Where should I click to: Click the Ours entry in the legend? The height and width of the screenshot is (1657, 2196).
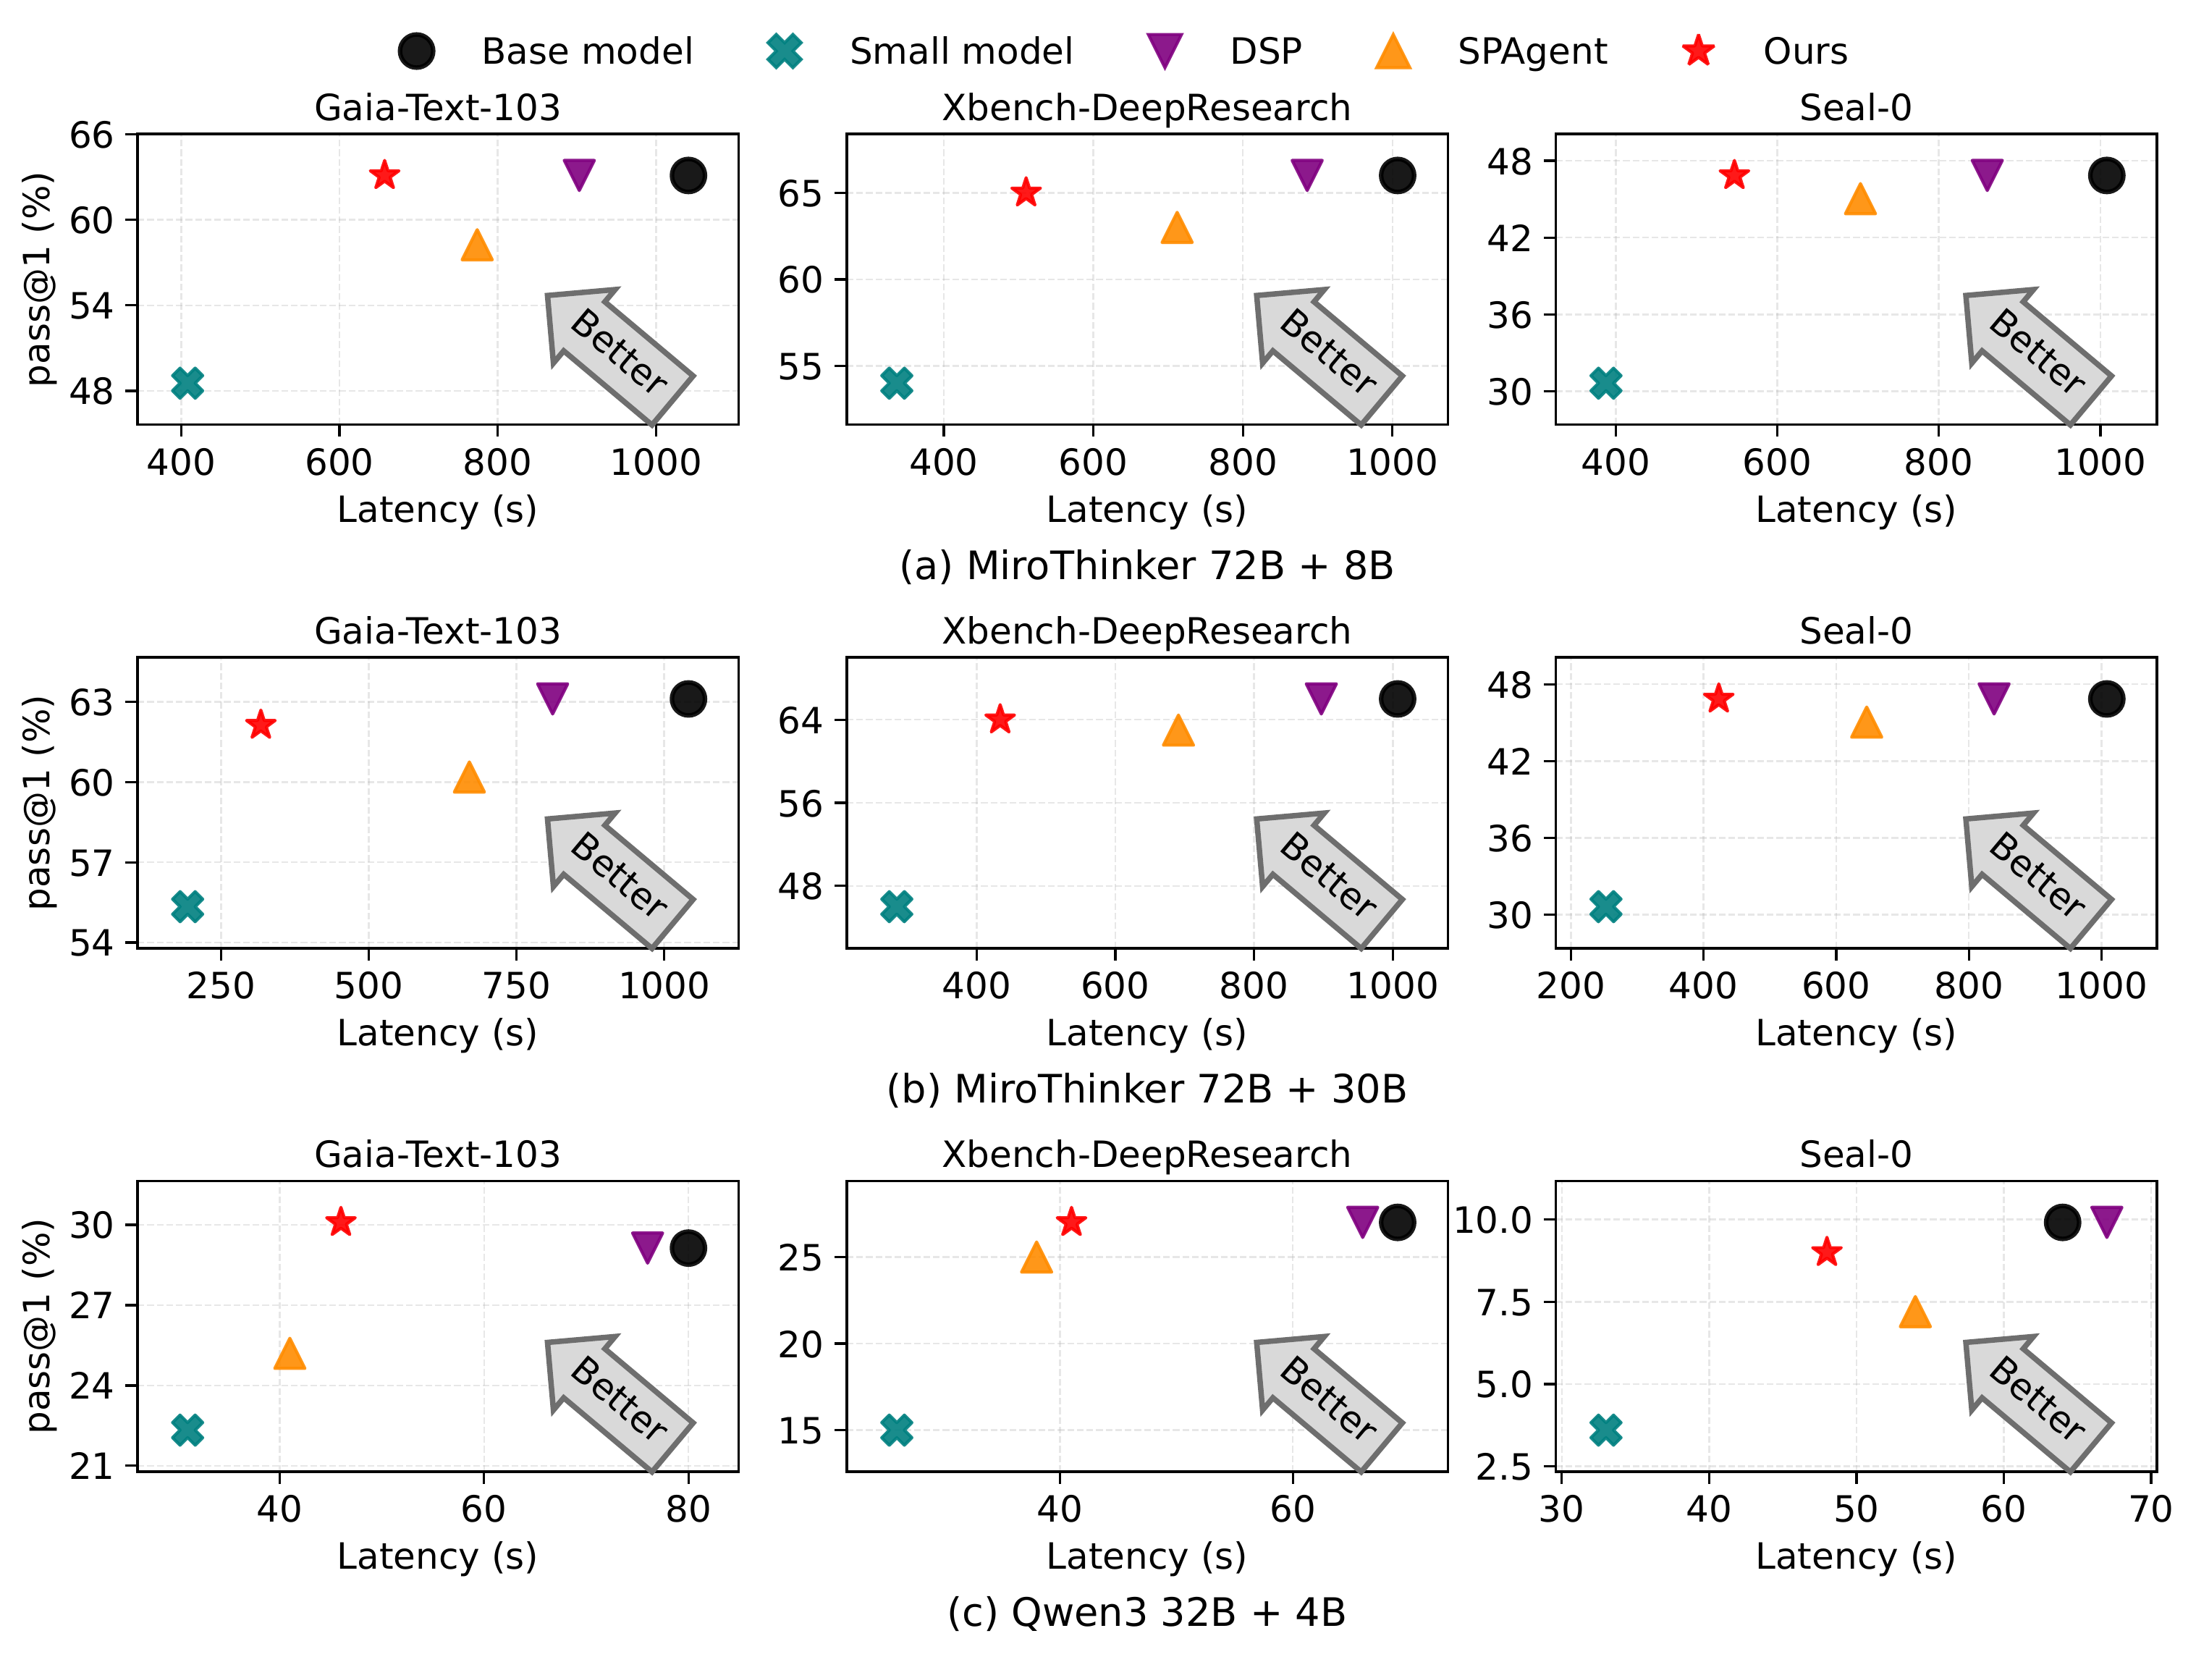click(x=1804, y=51)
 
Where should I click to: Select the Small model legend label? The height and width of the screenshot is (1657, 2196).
click(x=960, y=51)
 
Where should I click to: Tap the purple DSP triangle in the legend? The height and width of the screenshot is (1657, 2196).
click(x=1164, y=51)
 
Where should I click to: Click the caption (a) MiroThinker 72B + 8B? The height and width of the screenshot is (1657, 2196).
click(x=1146, y=566)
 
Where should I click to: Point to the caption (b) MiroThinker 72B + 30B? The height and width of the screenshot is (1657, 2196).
click(x=1146, y=1089)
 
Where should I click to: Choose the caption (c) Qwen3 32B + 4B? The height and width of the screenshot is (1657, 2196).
click(x=1146, y=1612)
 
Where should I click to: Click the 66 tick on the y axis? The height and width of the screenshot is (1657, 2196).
click(x=90, y=135)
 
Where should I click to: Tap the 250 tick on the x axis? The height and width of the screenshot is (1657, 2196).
click(x=220, y=986)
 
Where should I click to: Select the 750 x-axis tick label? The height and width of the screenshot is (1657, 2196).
click(x=515, y=986)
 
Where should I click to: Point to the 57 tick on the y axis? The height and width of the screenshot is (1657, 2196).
click(x=90, y=863)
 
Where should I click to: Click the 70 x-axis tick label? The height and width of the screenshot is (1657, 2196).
click(x=2150, y=1509)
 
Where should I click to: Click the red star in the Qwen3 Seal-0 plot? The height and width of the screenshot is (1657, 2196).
click(x=1827, y=1252)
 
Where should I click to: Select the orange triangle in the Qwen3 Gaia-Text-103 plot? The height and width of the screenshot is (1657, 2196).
click(x=289, y=1353)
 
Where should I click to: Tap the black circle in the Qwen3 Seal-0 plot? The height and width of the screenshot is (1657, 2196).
click(x=2062, y=1222)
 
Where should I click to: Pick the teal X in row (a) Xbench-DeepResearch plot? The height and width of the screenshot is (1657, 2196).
click(x=897, y=383)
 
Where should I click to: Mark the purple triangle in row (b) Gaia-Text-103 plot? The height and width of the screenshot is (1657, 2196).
click(x=552, y=697)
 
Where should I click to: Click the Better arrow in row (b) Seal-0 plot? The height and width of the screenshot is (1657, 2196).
click(x=2035, y=877)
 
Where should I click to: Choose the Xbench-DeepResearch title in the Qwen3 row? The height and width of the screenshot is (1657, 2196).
click(x=1146, y=1155)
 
